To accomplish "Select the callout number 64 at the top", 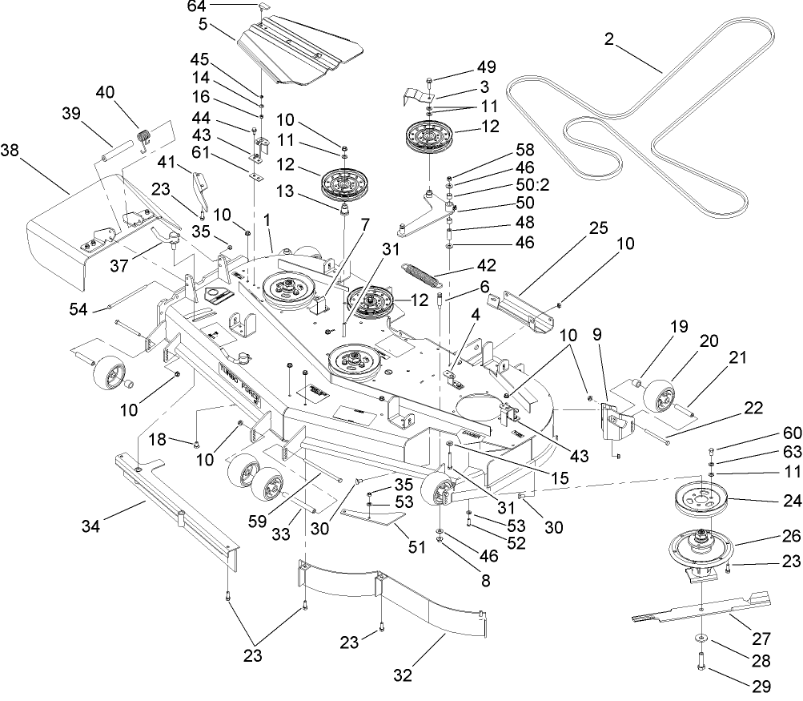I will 196,6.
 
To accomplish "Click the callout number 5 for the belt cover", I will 204,24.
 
